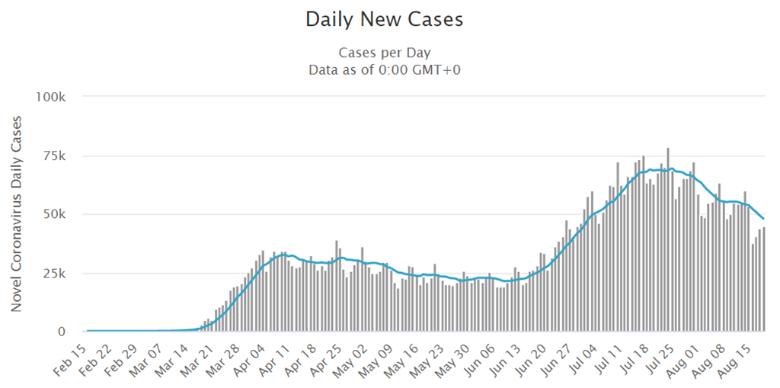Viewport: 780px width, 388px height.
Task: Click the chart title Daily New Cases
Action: [384, 20]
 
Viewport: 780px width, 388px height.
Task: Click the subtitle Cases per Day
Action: [384, 53]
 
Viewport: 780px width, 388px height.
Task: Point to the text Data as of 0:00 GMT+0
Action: [384, 70]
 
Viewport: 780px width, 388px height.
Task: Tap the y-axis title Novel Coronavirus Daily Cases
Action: [16, 213]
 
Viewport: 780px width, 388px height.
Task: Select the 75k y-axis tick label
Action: [56, 156]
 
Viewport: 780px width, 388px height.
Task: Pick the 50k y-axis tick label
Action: [56, 214]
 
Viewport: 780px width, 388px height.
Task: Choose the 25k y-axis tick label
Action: [56, 273]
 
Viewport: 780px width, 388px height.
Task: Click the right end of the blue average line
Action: [763, 219]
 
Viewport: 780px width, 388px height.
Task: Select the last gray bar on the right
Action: [763, 280]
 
